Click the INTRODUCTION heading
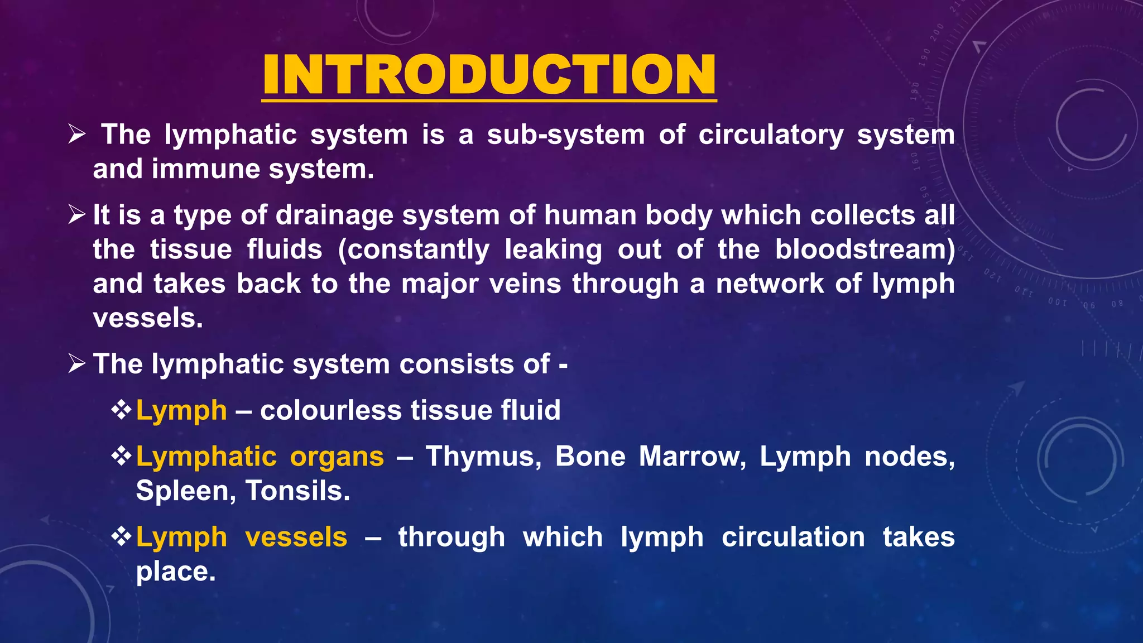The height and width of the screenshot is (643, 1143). coord(489,75)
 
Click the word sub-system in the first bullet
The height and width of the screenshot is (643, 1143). coord(565,135)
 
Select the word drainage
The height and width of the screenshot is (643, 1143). coord(334,216)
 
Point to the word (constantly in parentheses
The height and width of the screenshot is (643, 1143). coord(414,250)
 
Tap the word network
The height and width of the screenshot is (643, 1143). coord(770,284)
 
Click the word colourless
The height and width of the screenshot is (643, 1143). coord(330,411)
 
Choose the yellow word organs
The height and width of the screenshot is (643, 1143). coord(337,457)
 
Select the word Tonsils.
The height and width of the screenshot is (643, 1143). coord(297,491)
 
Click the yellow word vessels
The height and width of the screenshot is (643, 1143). coord(296,538)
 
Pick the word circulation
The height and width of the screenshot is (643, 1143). coord(793,538)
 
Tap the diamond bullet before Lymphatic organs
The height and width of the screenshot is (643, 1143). coord(121,457)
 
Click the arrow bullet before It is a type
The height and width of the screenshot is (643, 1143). coord(76,214)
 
